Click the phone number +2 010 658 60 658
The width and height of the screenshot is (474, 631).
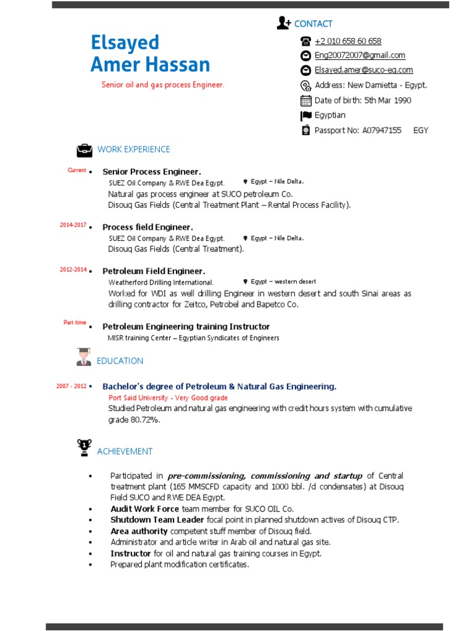click(347, 41)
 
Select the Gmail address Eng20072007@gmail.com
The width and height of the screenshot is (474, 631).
click(360, 55)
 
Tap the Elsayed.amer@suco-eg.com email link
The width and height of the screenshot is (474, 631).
click(364, 70)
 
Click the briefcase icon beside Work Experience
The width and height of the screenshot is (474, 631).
click(84, 150)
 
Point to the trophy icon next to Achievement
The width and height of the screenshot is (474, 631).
click(84, 447)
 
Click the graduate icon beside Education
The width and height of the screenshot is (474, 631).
click(84, 357)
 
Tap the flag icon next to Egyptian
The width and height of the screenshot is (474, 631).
click(306, 116)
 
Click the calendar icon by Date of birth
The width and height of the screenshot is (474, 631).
click(306, 100)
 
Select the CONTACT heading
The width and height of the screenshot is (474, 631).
click(313, 24)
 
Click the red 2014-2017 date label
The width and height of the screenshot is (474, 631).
click(73, 225)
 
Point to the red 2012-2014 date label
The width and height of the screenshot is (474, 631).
click(73, 269)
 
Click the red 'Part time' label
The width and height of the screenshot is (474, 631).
click(75, 322)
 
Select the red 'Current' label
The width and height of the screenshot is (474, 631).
click(77, 170)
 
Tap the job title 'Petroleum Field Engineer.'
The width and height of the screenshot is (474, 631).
click(154, 271)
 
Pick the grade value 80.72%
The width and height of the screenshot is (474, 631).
click(145, 420)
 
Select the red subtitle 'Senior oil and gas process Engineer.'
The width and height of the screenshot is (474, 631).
click(163, 85)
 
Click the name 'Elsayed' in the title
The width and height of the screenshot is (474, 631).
click(125, 43)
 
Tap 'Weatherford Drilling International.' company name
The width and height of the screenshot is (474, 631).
click(161, 283)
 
